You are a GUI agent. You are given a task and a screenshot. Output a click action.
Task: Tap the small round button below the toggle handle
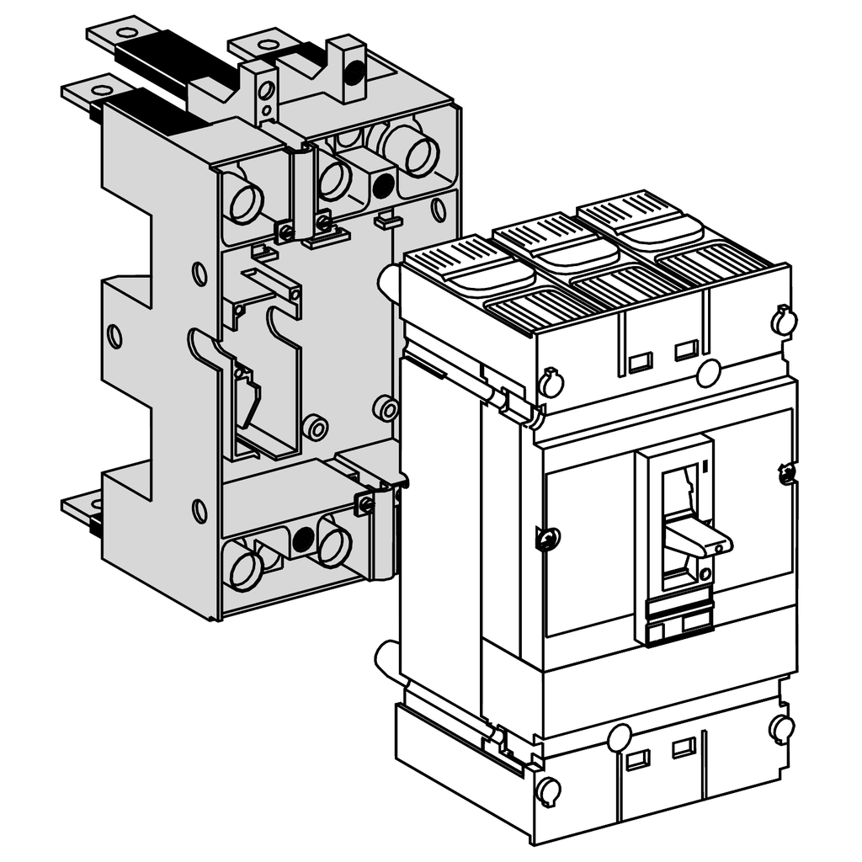point(705,574)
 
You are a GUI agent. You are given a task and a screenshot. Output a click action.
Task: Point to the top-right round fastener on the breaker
point(782,319)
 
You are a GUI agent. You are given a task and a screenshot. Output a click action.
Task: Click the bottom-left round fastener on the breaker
point(548,790)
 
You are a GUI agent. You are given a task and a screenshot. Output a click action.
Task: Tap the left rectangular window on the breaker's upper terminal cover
point(640,362)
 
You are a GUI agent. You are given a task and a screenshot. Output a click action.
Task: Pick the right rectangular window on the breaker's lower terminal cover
point(683,747)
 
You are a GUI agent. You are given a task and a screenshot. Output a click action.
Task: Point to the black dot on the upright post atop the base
point(354,71)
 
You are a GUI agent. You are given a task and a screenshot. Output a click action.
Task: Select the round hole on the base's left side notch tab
point(114,336)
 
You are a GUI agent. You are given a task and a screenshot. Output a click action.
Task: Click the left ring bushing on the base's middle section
point(316,428)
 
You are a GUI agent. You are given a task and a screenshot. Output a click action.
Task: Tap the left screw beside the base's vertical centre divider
point(286,230)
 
